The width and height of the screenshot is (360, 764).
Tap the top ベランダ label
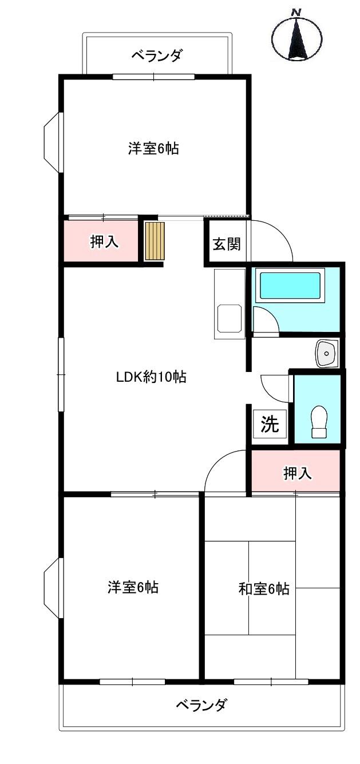[157, 56]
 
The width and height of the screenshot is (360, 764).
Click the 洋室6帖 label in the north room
[153, 148]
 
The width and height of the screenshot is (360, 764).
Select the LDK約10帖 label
[151, 377]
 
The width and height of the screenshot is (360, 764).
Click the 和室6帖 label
[264, 589]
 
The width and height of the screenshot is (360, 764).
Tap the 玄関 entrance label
[227, 244]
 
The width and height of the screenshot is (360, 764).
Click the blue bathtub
[290, 286]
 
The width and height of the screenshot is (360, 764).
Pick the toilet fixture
[319, 422]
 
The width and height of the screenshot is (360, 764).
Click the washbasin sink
[327, 353]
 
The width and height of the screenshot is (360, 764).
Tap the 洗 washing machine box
[270, 424]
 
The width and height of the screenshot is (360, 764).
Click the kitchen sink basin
[230, 319]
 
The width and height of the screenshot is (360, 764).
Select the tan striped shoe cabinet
[155, 241]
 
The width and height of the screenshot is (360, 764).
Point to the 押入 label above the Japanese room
[298, 473]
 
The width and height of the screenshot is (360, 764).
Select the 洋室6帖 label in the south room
[133, 587]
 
